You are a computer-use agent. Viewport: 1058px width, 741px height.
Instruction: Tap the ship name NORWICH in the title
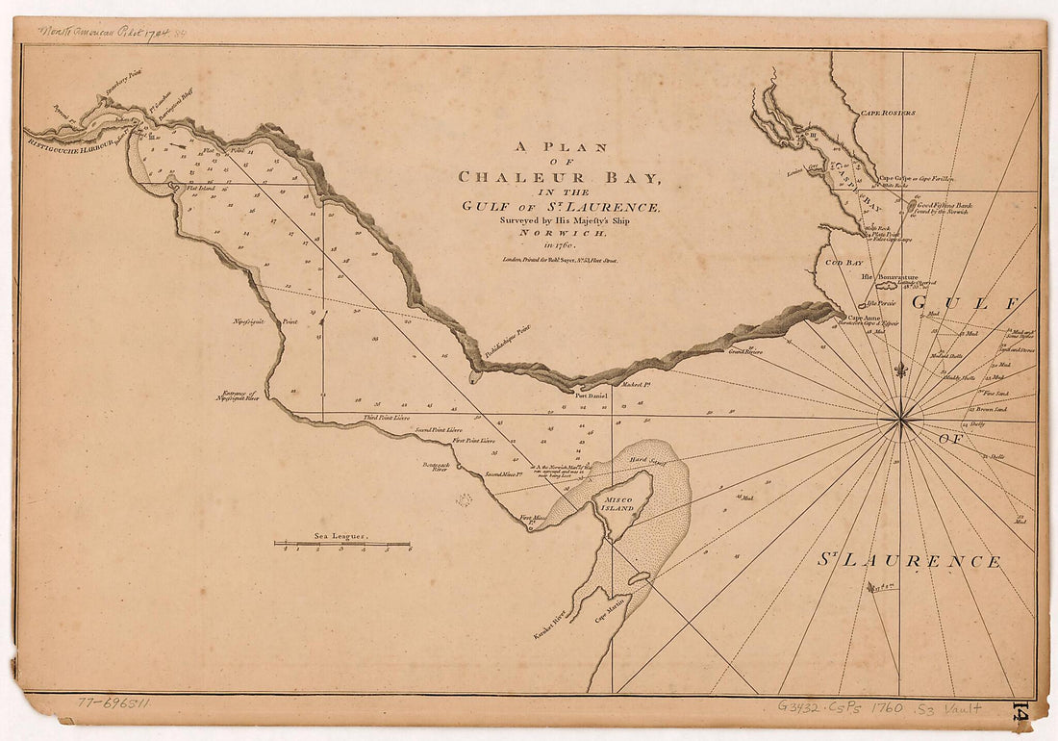click(x=559, y=232)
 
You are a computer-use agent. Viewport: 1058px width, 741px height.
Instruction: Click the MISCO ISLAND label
click(x=618, y=503)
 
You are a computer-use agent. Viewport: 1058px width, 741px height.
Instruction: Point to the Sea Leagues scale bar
click(x=342, y=544)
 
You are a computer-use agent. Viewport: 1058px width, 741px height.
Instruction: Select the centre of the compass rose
click(x=901, y=420)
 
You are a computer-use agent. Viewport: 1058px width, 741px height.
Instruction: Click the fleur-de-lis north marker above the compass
click(x=901, y=370)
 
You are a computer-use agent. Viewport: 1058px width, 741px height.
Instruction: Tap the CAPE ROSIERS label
click(x=887, y=113)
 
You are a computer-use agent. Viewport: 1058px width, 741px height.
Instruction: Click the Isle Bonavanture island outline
click(x=885, y=286)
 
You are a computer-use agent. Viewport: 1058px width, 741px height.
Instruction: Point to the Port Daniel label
click(x=592, y=395)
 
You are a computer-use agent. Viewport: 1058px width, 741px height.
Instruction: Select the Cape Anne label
click(x=864, y=318)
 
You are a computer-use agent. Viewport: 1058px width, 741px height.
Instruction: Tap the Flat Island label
click(x=201, y=188)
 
